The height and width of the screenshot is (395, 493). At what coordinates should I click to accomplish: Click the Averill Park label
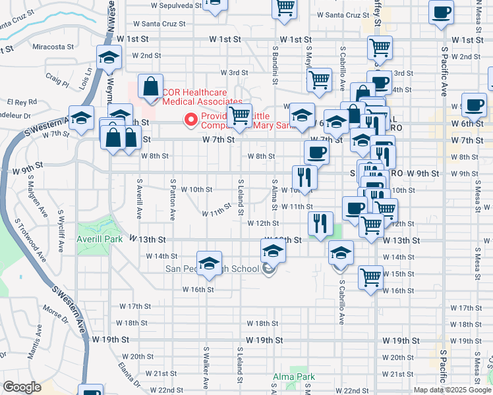point(100,239)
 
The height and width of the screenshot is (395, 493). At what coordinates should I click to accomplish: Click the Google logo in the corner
point(22,387)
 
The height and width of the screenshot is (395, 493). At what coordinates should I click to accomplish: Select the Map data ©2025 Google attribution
point(452,390)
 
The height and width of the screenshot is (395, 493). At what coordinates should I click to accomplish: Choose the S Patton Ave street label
point(173,198)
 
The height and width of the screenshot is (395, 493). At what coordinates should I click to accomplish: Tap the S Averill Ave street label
point(139,198)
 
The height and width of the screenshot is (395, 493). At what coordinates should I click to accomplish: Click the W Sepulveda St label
point(175,5)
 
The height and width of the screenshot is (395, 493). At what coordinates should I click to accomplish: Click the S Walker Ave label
point(206,377)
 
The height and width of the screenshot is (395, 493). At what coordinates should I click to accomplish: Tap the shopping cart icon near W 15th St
point(371,276)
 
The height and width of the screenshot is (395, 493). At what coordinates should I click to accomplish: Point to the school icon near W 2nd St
point(109,57)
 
